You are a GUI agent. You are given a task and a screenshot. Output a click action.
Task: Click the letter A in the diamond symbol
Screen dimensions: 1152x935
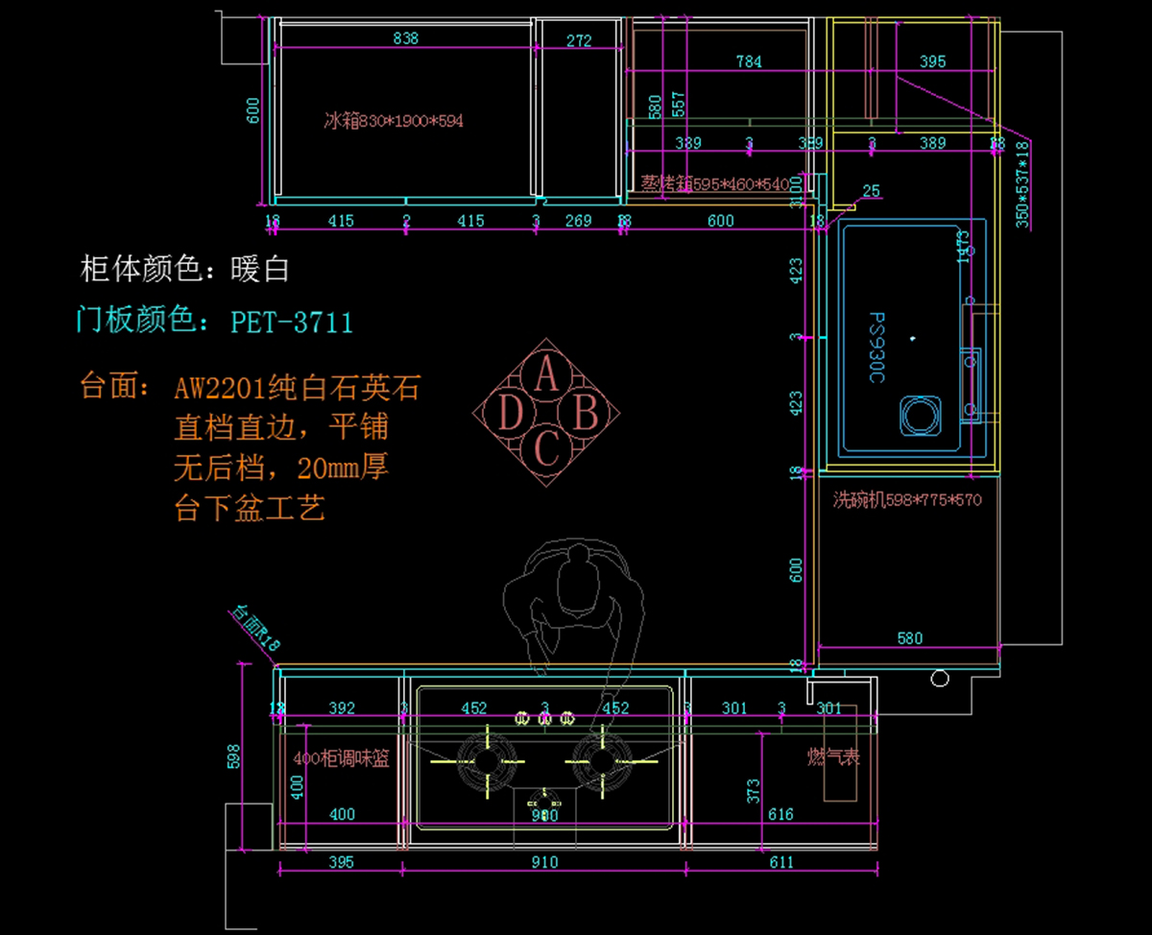(546, 373)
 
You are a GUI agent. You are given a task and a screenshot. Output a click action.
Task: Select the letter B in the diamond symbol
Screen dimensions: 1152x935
(586, 414)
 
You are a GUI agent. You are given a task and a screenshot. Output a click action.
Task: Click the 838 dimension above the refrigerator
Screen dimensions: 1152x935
(406, 39)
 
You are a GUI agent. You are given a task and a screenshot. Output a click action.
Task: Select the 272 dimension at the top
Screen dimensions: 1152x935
(579, 40)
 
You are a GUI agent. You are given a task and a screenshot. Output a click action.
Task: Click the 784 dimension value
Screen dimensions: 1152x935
(749, 61)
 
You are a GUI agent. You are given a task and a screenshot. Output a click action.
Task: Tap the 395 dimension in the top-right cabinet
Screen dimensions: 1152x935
(932, 61)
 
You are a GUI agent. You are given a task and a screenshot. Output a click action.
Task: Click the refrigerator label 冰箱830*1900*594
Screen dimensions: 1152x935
(394, 121)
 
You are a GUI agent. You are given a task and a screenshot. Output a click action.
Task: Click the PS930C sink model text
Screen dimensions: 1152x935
(876, 347)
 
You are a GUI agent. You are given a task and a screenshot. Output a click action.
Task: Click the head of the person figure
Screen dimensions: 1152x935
(578, 561)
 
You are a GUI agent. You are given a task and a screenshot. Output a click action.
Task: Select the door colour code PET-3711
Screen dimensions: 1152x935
(292, 321)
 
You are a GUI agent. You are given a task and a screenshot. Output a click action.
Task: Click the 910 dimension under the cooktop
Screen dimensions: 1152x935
(543, 862)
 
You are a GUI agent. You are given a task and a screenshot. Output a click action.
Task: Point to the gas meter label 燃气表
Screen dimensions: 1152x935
(833, 756)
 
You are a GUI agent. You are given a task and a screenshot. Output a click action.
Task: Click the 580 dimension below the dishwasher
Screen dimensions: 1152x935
(909, 637)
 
